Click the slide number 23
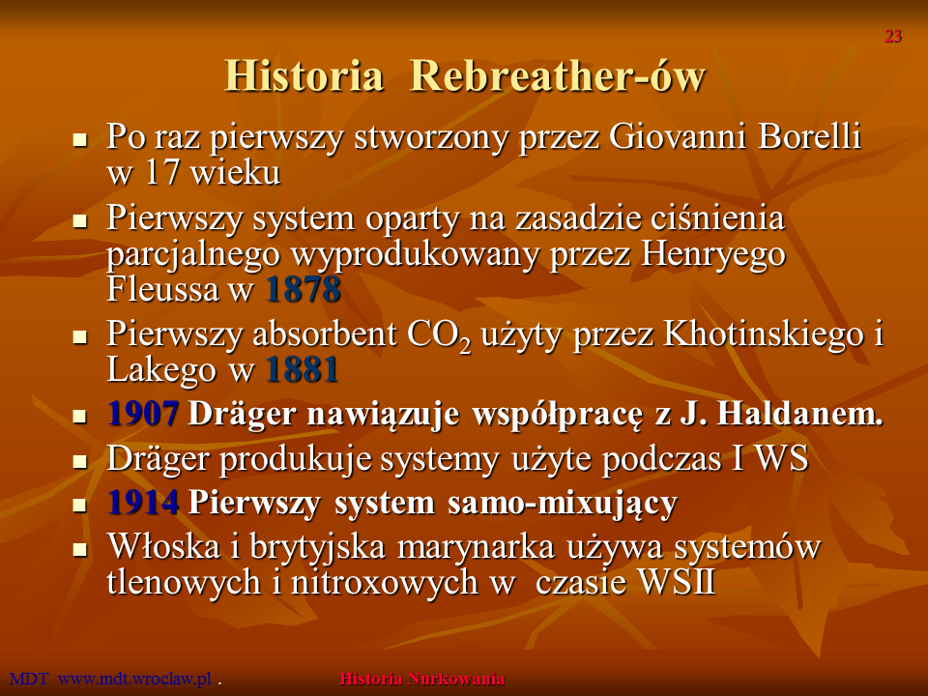(893, 36)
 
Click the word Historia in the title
(304, 75)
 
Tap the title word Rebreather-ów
(558, 75)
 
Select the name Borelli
(809, 136)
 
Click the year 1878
(303, 289)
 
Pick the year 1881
(303, 370)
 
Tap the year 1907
(143, 413)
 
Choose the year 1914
(143, 503)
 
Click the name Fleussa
(162, 289)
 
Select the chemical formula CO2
(439, 336)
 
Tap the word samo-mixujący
(563, 504)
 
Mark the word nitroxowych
(384, 582)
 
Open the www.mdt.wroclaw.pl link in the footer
(134, 679)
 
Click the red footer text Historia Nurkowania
(422, 679)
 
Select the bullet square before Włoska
(79, 550)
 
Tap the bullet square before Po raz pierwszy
(79, 140)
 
